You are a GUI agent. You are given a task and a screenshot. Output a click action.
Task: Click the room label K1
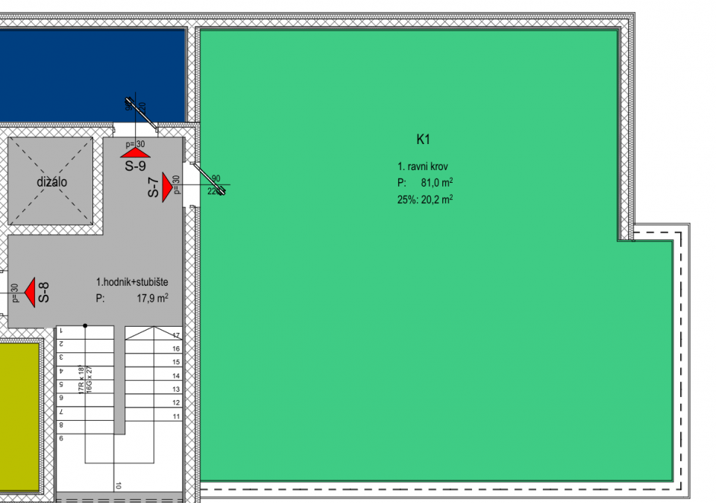pyautogui.click(x=424, y=140)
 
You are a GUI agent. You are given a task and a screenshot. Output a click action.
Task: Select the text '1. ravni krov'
pyautogui.click(x=423, y=166)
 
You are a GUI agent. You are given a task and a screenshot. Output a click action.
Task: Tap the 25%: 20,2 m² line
pyautogui.click(x=425, y=199)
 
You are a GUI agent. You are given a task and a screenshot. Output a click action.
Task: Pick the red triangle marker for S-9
pyautogui.click(x=137, y=151)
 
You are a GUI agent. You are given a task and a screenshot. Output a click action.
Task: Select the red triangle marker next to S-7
pyautogui.click(x=167, y=185)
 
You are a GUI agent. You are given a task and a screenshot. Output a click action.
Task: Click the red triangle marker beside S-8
pyautogui.click(x=29, y=292)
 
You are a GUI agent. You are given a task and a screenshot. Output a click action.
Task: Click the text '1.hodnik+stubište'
pyautogui.click(x=132, y=282)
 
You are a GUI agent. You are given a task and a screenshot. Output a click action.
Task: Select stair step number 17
pyautogui.click(x=176, y=336)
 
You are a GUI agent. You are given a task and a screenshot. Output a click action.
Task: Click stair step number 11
pyautogui.click(x=176, y=416)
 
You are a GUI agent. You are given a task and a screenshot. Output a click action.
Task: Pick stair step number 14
pyautogui.click(x=176, y=376)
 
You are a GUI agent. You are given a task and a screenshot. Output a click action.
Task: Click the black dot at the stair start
pyautogui.click(x=85, y=325)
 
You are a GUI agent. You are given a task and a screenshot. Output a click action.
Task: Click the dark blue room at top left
pyautogui.click(x=89, y=71)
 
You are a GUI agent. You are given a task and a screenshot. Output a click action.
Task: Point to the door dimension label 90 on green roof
pyautogui.click(x=216, y=179)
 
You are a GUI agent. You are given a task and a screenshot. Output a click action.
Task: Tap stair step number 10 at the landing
pyautogui.click(x=119, y=485)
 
